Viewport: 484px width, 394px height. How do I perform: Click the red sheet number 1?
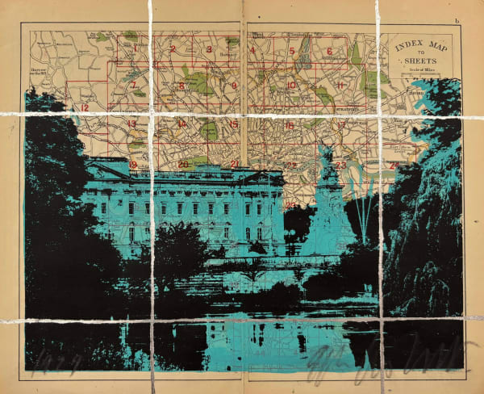click(x=136, y=48)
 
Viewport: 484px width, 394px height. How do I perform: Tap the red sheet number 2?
click(x=173, y=48)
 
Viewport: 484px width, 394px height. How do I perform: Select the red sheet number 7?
click(x=132, y=85)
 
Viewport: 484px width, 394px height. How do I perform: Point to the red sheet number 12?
click(x=83, y=107)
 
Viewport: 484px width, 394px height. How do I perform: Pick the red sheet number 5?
click(x=291, y=51)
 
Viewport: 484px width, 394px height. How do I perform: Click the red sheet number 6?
click(x=330, y=51)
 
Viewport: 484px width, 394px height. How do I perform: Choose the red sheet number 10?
click(x=290, y=86)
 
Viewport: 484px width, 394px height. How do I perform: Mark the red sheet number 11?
click(x=341, y=86)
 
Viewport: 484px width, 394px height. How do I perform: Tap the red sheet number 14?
click(x=182, y=124)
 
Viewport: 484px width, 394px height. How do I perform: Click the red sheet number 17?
click(x=341, y=125)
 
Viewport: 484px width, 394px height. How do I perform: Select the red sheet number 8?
click(x=182, y=86)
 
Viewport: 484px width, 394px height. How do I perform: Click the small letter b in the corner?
click(x=456, y=20)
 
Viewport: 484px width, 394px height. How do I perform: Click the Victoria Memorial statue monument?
click(x=330, y=202)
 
